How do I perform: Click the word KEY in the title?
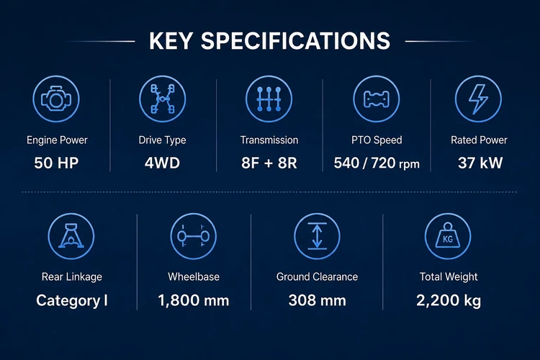(171, 41)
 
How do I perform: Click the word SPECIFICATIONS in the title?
(295, 41)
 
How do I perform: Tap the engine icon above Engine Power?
(56, 99)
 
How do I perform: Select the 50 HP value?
(56, 163)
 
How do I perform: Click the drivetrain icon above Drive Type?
(163, 99)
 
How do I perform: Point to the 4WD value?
(162, 163)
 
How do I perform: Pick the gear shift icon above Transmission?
(269, 99)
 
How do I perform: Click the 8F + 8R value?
(269, 163)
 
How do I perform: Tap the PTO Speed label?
(377, 140)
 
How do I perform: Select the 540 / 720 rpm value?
(377, 163)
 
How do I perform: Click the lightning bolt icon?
(478, 99)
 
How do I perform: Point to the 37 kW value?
(480, 163)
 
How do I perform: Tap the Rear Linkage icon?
(71, 236)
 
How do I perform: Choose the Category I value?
(71, 301)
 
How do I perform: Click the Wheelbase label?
(194, 276)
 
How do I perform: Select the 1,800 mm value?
(194, 301)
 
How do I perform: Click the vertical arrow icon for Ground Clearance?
(318, 236)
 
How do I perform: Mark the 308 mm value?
(318, 301)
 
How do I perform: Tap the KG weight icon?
(448, 236)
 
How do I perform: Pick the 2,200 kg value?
(449, 301)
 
